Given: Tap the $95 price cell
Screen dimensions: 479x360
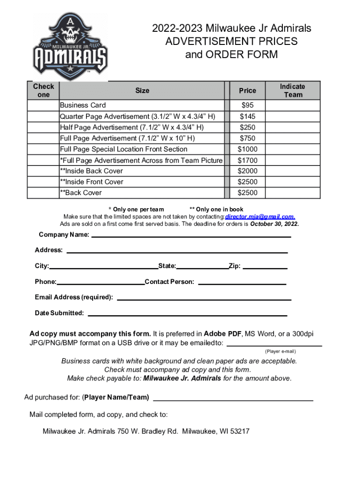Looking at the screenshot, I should click(x=247, y=105).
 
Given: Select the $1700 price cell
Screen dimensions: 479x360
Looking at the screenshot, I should click(x=247, y=160).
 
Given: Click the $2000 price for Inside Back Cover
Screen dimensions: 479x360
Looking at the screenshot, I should click(x=247, y=171).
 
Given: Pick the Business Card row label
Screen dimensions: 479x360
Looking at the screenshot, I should click(x=83, y=105).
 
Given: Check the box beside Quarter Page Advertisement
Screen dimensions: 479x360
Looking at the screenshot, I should click(x=43, y=116).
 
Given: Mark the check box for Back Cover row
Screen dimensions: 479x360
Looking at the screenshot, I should click(x=43, y=193).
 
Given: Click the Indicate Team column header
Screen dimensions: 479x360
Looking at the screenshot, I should click(x=292, y=91).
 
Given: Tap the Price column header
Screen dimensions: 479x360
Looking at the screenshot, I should click(x=247, y=91).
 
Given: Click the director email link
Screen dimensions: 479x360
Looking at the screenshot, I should click(x=260, y=217).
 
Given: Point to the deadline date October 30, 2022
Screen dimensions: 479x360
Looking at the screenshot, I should click(x=274, y=224).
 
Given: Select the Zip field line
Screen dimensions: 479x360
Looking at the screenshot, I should click(x=265, y=268).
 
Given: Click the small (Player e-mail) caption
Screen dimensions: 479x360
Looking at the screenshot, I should click(x=281, y=351).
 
